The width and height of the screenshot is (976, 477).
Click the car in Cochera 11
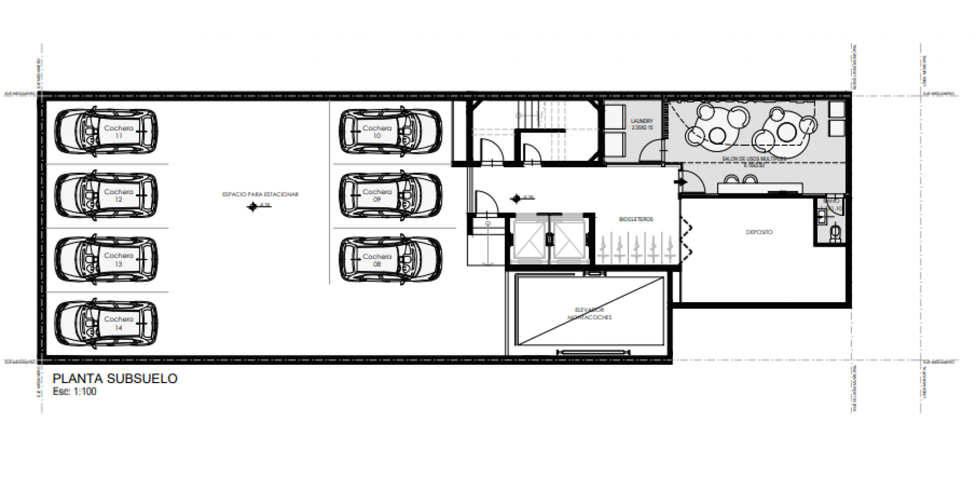(106, 132)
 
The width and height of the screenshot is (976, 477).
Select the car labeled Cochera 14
(106, 323)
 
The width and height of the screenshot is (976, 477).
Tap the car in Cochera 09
(391, 196)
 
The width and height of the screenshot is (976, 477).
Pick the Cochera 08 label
(377, 260)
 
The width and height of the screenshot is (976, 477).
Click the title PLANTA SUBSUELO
(115, 379)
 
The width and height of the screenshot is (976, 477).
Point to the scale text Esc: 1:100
(74, 392)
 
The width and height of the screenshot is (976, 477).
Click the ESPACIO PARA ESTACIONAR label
(260, 194)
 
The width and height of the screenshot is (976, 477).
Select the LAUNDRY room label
(642, 124)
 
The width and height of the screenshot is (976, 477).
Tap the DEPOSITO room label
(759, 232)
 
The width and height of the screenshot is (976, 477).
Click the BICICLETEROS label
(636, 219)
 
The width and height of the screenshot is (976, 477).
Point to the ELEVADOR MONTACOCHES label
(590, 314)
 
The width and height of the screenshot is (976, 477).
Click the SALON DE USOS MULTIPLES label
(754, 161)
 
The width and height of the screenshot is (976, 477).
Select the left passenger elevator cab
(530, 241)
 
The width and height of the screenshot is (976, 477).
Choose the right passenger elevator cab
(568, 241)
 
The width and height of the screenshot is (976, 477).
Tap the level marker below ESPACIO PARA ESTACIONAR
(253, 206)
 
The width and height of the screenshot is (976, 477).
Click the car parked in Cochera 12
(106, 196)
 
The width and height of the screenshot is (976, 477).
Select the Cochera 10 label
(377, 132)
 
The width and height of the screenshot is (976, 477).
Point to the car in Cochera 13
(106, 260)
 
